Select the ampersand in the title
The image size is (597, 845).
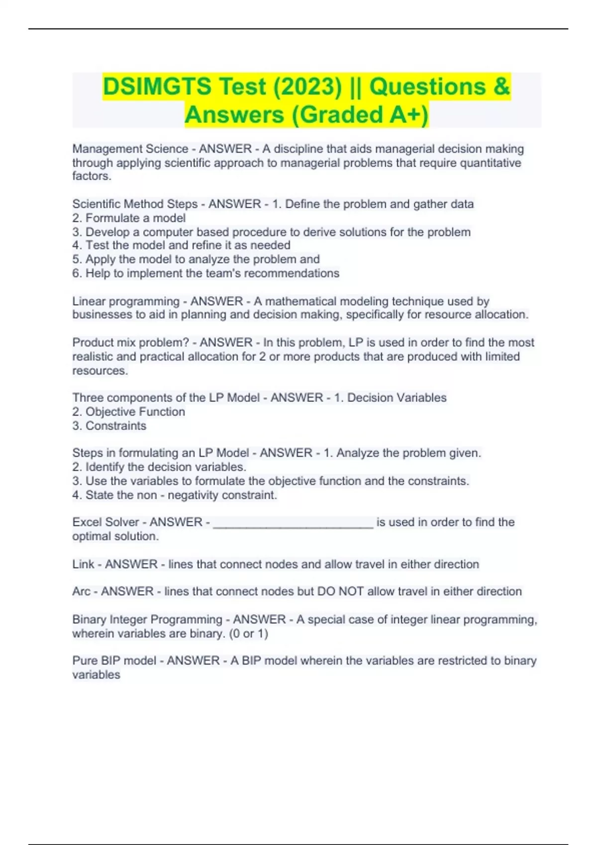[x=502, y=87]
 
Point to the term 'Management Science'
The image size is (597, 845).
[x=130, y=149]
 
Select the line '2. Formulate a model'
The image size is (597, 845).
[x=129, y=218]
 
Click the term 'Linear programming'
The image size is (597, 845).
[x=126, y=302]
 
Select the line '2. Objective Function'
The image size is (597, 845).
[x=128, y=412]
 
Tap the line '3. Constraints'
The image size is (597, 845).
[x=109, y=426]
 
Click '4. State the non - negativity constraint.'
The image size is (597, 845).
[x=175, y=496]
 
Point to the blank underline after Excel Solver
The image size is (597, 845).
[x=293, y=524]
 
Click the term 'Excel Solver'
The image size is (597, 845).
[x=105, y=522]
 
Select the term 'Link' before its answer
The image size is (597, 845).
[x=83, y=565]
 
